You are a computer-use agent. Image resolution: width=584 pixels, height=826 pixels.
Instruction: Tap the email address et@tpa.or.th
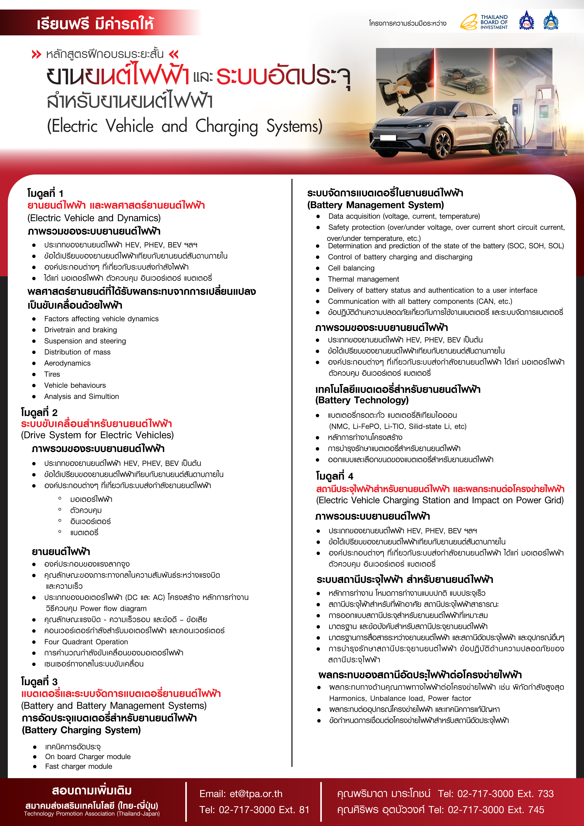pos(256,794)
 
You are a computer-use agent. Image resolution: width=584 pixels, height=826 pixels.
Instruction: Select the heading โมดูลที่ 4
pos(335,476)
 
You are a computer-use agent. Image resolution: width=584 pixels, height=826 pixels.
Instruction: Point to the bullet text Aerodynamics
pos(67,363)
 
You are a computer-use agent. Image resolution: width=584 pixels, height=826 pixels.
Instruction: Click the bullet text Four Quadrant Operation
pos(86,642)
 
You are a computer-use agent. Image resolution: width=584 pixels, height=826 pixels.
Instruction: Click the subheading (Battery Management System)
pos(375,205)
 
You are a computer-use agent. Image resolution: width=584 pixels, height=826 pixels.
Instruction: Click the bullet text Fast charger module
pos(78,766)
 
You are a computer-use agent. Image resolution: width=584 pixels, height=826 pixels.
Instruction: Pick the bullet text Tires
pos(52,374)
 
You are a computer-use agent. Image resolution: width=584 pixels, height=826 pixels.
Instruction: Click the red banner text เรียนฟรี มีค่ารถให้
pos(95,24)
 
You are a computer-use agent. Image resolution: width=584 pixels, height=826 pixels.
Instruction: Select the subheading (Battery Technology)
pos(362,400)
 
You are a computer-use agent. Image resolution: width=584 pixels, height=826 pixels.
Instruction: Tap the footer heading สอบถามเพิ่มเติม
pos(92,791)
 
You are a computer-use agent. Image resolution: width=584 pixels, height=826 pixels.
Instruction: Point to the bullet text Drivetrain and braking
pos(81,330)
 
